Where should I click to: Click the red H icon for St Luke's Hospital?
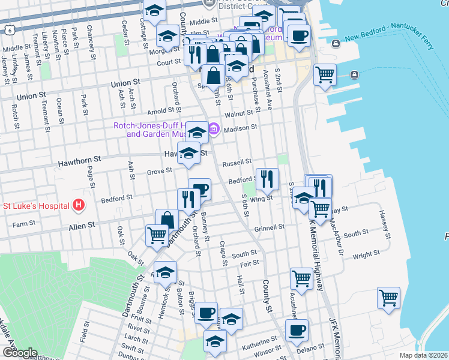tap(78, 205)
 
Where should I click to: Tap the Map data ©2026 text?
tap(423, 355)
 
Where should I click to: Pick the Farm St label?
tap(24, 223)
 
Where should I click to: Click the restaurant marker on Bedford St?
tap(267, 178)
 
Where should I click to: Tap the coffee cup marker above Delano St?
tap(296, 329)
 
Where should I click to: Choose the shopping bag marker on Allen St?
tap(167, 220)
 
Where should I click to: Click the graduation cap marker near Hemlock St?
tap(166, 272)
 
